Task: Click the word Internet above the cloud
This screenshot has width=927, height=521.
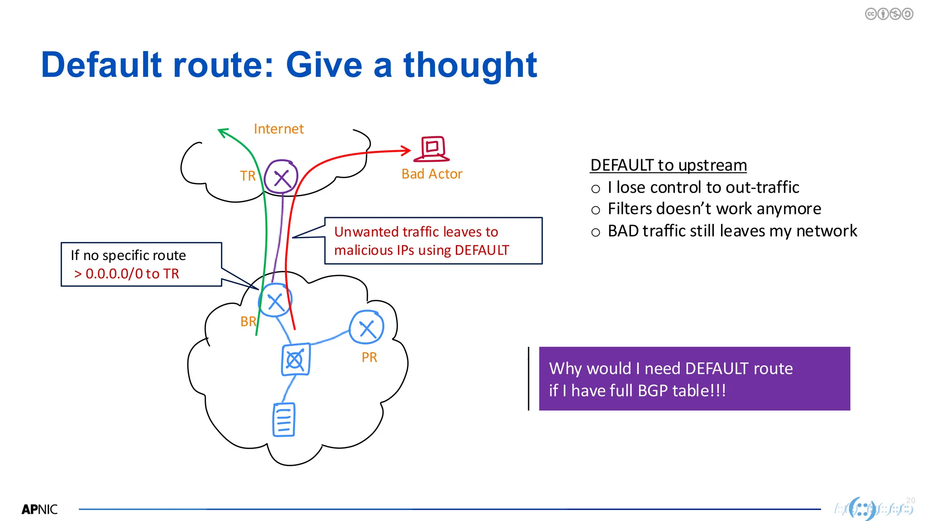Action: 278,129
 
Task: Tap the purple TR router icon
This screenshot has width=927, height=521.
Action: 281,177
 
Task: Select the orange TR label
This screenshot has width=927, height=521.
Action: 248,175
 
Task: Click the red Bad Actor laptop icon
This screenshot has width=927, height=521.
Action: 432,149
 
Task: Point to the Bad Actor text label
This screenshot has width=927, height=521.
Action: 432,174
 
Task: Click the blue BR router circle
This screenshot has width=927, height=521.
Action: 275,301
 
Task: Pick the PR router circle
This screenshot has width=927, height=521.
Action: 367,327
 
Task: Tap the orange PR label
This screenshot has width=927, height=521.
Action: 369,357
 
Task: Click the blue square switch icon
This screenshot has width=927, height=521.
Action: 296,360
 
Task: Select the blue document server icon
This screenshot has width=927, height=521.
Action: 284,420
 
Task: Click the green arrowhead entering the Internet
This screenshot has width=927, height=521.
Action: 222,132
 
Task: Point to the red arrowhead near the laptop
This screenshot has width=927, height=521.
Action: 406,151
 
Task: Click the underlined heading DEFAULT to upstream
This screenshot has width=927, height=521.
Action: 668,165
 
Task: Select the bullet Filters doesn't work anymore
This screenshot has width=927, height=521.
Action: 714,209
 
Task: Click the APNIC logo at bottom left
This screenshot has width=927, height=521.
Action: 39,509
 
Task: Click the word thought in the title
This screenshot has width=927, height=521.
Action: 470,65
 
